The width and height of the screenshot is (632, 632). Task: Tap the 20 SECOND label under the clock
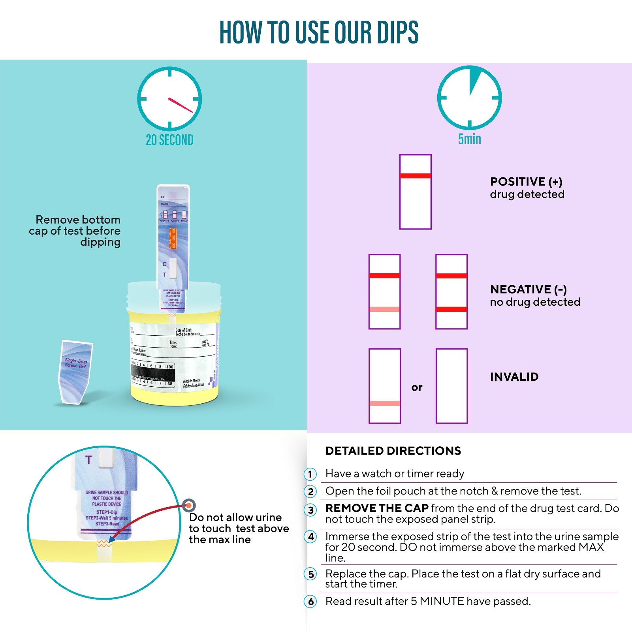pyautogui.click(x=169, y=140)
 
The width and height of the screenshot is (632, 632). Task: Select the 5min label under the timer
pyautogui.click(x=469, y=139)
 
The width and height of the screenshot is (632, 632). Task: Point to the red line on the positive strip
pyautogui.click(x=415, y=176)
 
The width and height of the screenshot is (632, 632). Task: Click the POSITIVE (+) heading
pyautogui.click(x=526, y=182)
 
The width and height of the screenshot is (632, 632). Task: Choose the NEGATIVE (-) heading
pyautogui.click(x=528, y=290)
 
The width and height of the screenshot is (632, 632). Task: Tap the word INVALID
pyautogui.click(x=514, y=377)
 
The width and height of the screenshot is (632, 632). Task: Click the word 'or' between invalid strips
pyautogui.click(x=417, y=387)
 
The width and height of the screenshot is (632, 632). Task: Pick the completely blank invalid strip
pyautogui.click(x=451, y=386)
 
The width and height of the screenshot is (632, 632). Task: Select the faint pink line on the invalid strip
pyautogui.click(x=384, y=403)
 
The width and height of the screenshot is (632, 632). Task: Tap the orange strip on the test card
pyautogui.click(x=173, y=238)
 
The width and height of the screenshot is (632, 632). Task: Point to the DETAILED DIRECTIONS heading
pyautogui.click(x=393, y=451)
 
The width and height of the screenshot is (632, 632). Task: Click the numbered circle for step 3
pyautogui.click(x=311, y=510)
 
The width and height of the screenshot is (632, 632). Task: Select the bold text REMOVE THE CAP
pyautogui.click(x=377, y=508)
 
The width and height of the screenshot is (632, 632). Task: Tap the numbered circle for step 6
pyautogui.click(x=311, y=602)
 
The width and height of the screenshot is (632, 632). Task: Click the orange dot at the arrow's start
pyautogui.click(x=189, y=505)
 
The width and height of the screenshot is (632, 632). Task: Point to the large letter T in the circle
pyautogui.click(x=89, y=460)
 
